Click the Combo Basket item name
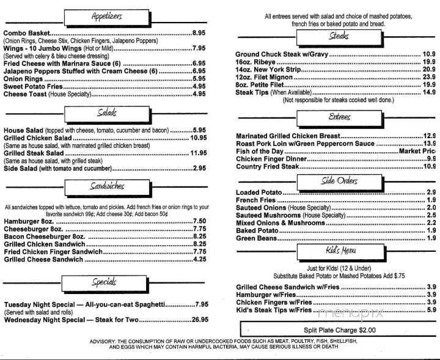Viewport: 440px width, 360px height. (x=26, y=32)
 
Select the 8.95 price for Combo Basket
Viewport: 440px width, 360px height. (x=201, y=32)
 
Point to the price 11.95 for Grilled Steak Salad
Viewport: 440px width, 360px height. (x=199, y=153)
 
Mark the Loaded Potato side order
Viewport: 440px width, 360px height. (x=258, y=193)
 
